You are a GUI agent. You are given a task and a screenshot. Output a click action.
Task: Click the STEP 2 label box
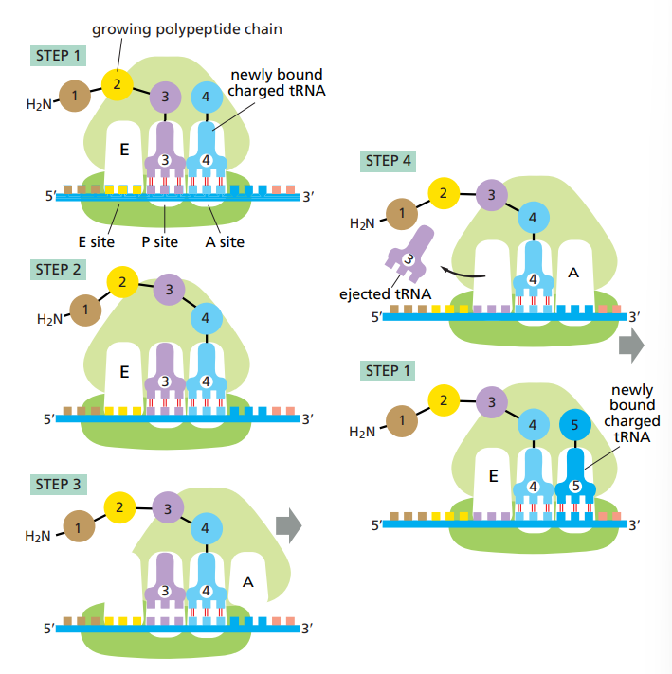[58, 270]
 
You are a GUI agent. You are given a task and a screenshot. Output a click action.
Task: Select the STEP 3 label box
[58, 485]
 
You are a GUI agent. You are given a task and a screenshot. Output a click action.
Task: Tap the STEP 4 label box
[389, 161]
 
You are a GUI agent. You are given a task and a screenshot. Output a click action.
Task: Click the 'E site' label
[96, 241]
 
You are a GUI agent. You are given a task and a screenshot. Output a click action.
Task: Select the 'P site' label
[160, 241]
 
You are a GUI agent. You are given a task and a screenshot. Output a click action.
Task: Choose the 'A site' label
[225, 241]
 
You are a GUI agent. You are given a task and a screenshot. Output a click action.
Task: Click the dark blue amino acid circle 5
[574, 424]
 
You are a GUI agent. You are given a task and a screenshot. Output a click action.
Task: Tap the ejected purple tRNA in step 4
[409, 256]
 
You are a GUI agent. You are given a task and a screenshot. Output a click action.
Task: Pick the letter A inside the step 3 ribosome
[248, 582]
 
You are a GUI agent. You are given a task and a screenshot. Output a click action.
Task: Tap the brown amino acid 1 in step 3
[78, 523]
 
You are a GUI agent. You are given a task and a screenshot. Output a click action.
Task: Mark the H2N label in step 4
[362, 224]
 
